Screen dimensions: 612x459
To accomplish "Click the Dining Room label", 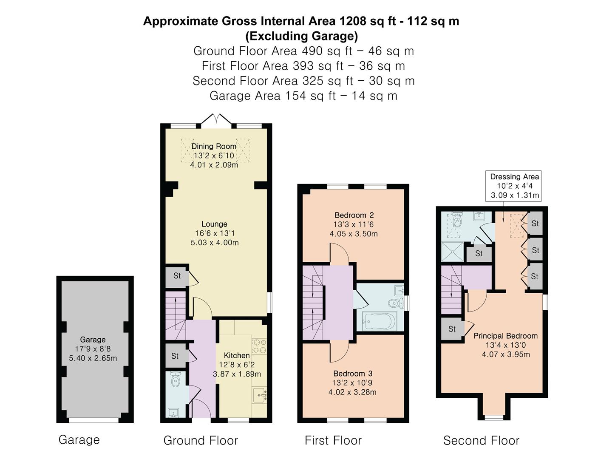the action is (214, 146).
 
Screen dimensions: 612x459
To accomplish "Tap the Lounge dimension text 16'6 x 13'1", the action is (214, 233).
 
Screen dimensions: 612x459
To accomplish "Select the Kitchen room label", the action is (237, 355).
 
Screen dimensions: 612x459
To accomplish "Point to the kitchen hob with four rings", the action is (259, 346).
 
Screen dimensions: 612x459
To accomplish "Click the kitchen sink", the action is (260, 395).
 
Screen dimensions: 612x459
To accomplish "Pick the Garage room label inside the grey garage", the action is (93, 340).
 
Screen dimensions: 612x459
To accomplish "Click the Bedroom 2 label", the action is (354, 215).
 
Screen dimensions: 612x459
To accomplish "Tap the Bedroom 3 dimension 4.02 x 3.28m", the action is (352, 392).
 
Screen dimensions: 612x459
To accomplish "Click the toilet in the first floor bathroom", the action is (396, 303).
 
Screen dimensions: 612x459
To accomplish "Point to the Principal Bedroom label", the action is (506, 336).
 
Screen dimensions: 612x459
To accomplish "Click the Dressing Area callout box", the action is (513, 186).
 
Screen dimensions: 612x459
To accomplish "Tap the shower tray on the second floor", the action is (453, 252).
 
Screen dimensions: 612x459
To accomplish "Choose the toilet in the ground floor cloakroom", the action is (176, 380).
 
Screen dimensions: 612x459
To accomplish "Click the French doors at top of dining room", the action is (216, 119).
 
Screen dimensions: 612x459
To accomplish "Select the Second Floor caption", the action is (481, 441).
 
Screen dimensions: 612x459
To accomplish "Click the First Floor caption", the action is (333, 441).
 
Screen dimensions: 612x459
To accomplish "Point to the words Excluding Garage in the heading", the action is (302, 36).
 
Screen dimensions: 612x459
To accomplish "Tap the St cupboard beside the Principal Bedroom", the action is (452, 329).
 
